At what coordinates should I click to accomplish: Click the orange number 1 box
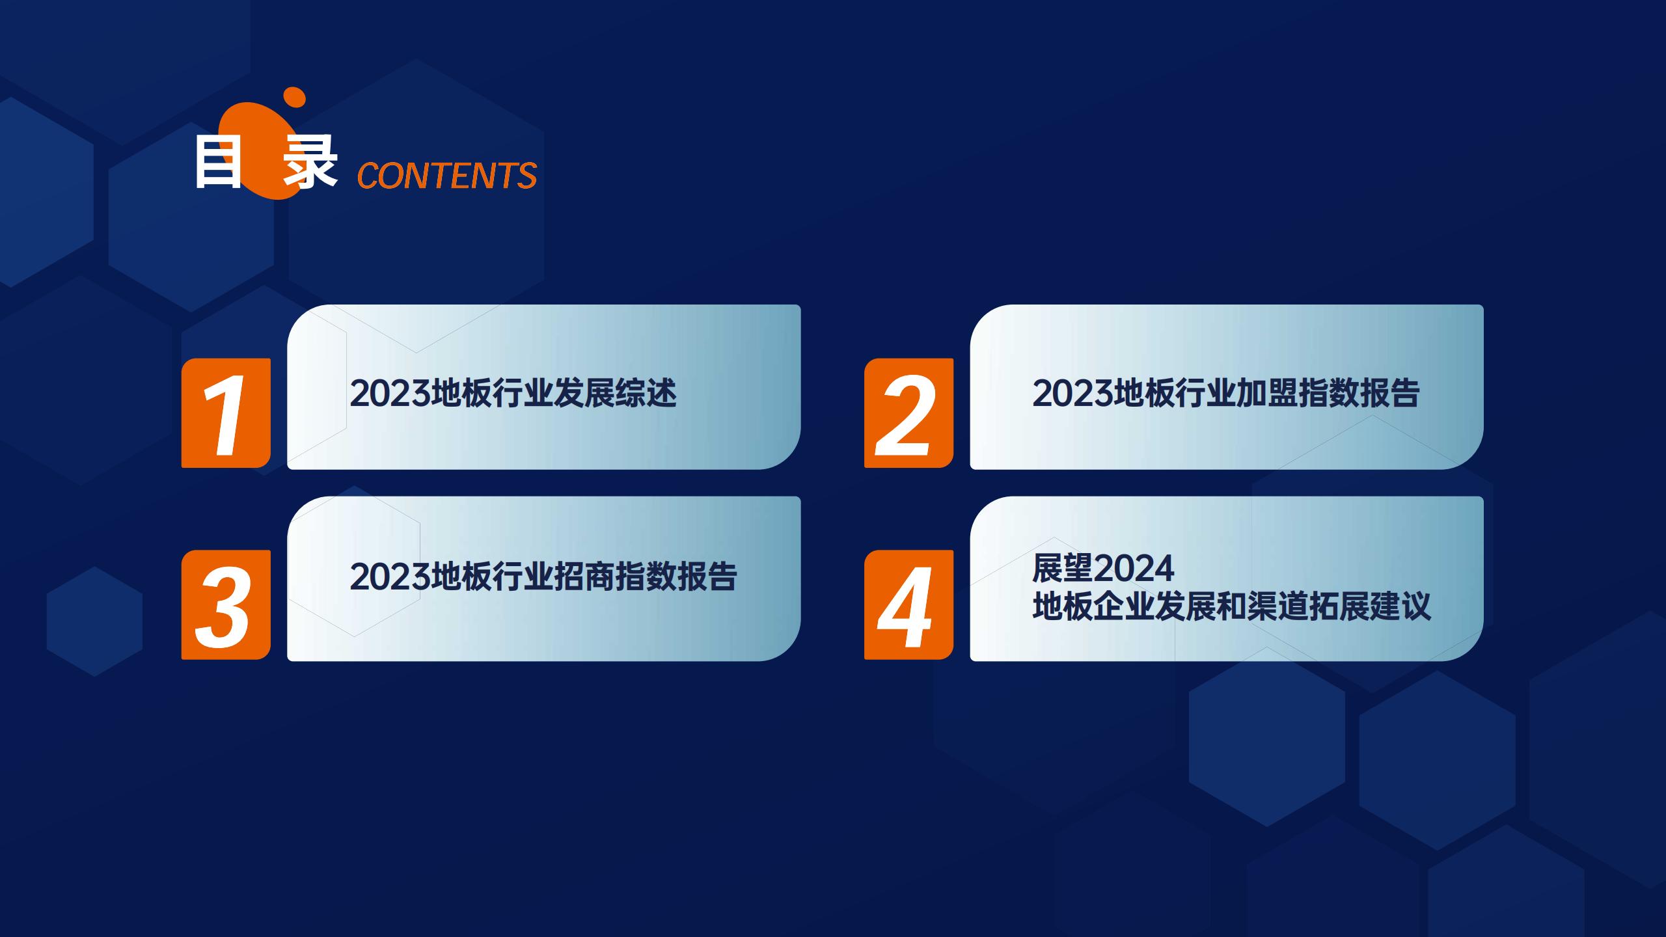pyautogui.click(x=226, y=413)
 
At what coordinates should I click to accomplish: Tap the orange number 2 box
pyautogui.click(x=908, y=413)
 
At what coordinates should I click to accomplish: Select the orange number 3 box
pyautogui.click(x=226, y=604)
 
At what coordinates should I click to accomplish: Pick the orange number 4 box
pyautogui.click(x=908, y=604)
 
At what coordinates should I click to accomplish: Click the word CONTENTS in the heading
pyautogui.click(x=447, y=175)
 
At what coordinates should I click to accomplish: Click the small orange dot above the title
pyautogui.click(x=295, y=97)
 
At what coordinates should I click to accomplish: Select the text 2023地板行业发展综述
pyautogui.click(x=513, y=393)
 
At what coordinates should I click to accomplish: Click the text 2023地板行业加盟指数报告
pyautogui.click(x=1226, y=393)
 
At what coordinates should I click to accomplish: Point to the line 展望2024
pyautogui.click(x=1104, y=568)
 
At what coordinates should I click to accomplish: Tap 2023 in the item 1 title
pyautogui.click(x=390, y=394)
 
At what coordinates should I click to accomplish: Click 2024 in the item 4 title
pyautogui.click(x=1134, y=569)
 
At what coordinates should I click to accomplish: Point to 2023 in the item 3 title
pyautogui.click(x=390, y=577)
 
